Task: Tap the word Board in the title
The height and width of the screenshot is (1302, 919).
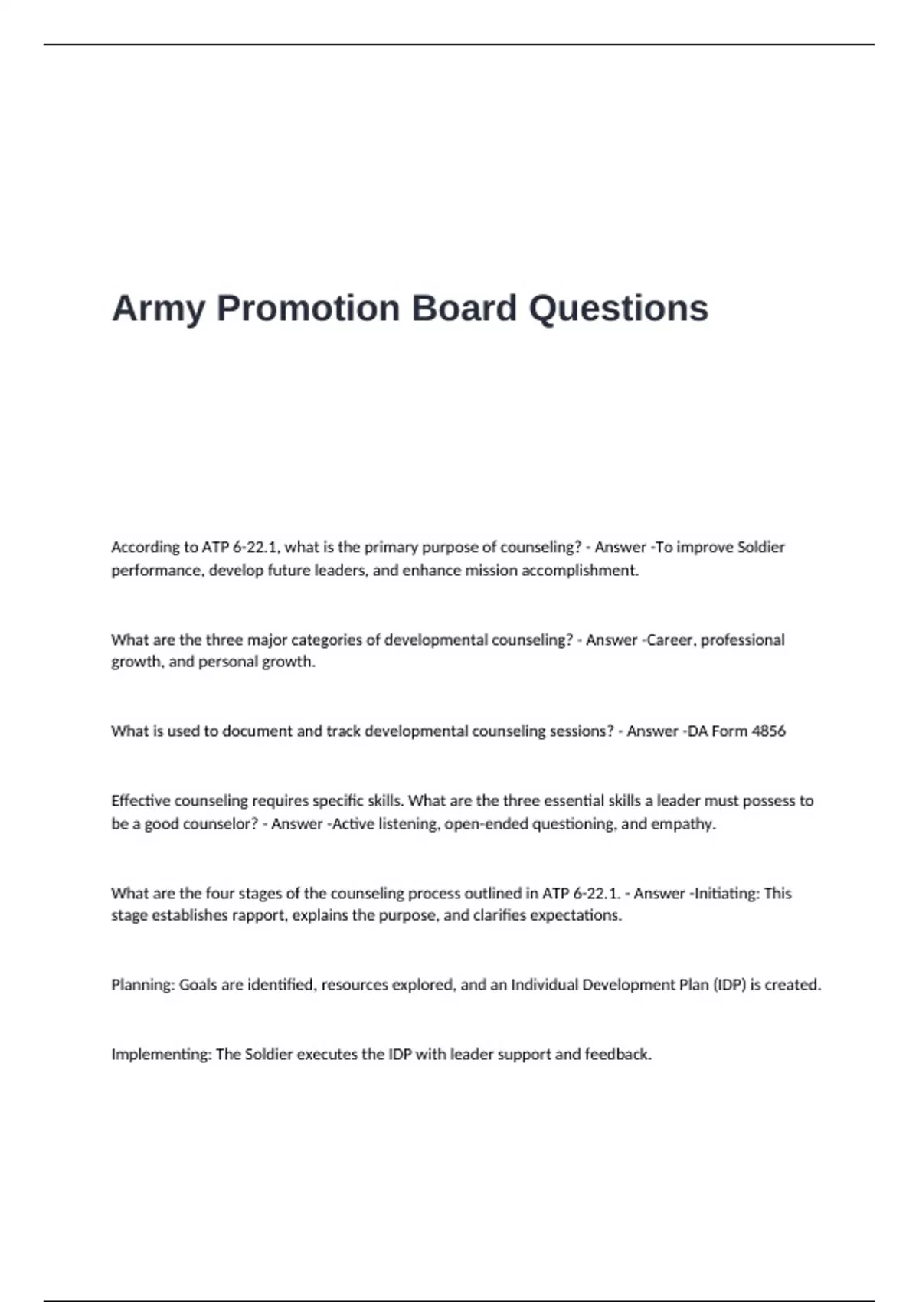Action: click(x=464, y=309)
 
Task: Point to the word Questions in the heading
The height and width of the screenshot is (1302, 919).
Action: click(x=619, y=309)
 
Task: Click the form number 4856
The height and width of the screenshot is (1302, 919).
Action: click(x=768, y=731)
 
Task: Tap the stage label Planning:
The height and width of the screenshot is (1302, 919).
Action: click(x=143, y=985)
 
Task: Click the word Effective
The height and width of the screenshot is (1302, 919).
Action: click(x=141, y=801)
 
